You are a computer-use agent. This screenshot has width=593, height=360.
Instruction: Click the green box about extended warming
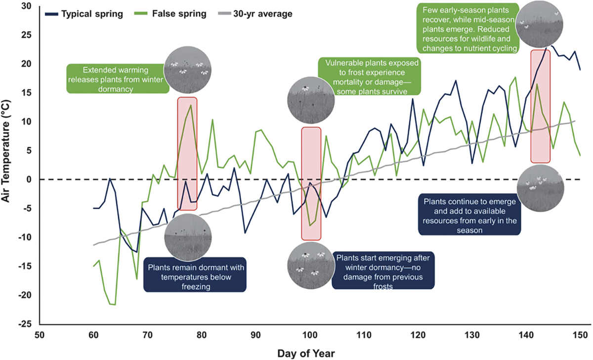[117, 78]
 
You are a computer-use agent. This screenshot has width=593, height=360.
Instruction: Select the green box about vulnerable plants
[370, 76]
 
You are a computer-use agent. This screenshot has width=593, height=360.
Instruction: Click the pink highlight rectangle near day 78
[187, 154]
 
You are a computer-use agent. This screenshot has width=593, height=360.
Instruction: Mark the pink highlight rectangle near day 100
[311, 183]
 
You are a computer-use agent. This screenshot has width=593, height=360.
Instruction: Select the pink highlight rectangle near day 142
[540, 106]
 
